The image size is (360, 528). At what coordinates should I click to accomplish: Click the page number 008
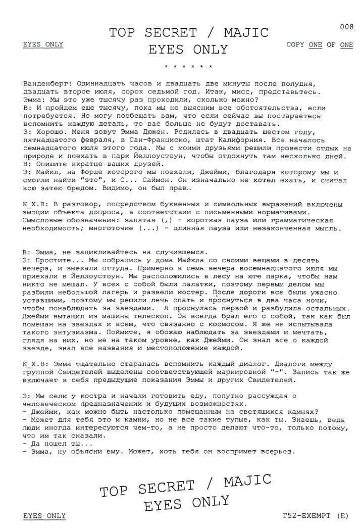pos(346,27)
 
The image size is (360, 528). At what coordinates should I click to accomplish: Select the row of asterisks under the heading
pos(189,67)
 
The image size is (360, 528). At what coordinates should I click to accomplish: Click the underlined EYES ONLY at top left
pos(43,44)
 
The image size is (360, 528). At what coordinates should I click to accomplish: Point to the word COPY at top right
pos(295,44)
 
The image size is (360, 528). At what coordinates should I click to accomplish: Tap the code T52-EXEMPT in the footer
pos(310,516)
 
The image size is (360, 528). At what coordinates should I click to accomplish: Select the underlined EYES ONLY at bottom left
pos(44,516)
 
